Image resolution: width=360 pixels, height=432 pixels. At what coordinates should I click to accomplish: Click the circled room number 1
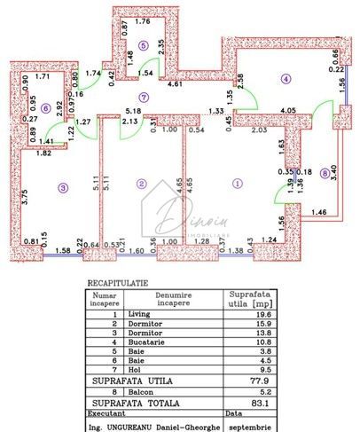click(237, 184)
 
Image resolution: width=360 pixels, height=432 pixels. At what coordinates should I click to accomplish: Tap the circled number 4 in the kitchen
click(286, 79)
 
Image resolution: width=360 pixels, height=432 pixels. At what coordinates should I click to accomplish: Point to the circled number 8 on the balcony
click(325, 173)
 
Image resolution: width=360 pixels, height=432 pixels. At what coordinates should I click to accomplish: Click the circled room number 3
click(62, 186)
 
